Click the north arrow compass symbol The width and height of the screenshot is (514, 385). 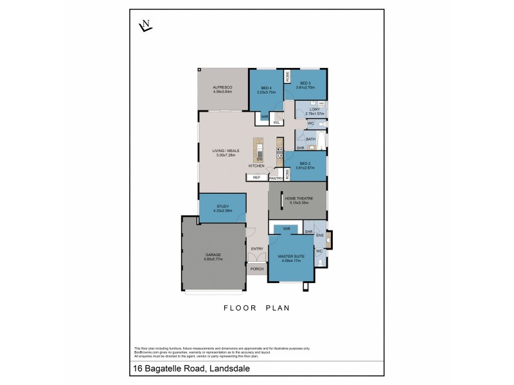point(145,26)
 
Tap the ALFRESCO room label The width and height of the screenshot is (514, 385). point(222,87)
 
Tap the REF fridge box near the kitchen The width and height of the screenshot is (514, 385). point(256,177)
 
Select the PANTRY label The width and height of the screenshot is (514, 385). point(276,178)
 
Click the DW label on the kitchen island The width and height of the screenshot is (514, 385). point(260,158)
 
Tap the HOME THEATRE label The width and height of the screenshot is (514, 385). point(300,199)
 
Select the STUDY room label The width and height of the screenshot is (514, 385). point(222,206)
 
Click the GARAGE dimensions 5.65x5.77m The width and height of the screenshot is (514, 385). point(213,259)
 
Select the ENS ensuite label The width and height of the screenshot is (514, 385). point(319,236)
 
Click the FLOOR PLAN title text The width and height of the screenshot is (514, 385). point(257,307)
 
